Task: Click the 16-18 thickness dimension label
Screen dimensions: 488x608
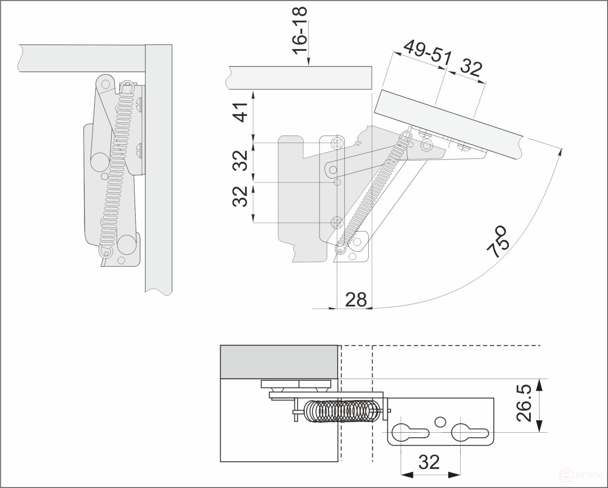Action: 299,30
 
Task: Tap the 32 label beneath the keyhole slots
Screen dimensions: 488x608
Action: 429,462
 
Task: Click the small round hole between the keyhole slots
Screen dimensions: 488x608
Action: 439,421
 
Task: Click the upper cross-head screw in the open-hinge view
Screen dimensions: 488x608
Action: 337,143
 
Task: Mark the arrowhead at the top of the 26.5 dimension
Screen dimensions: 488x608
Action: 540,384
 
